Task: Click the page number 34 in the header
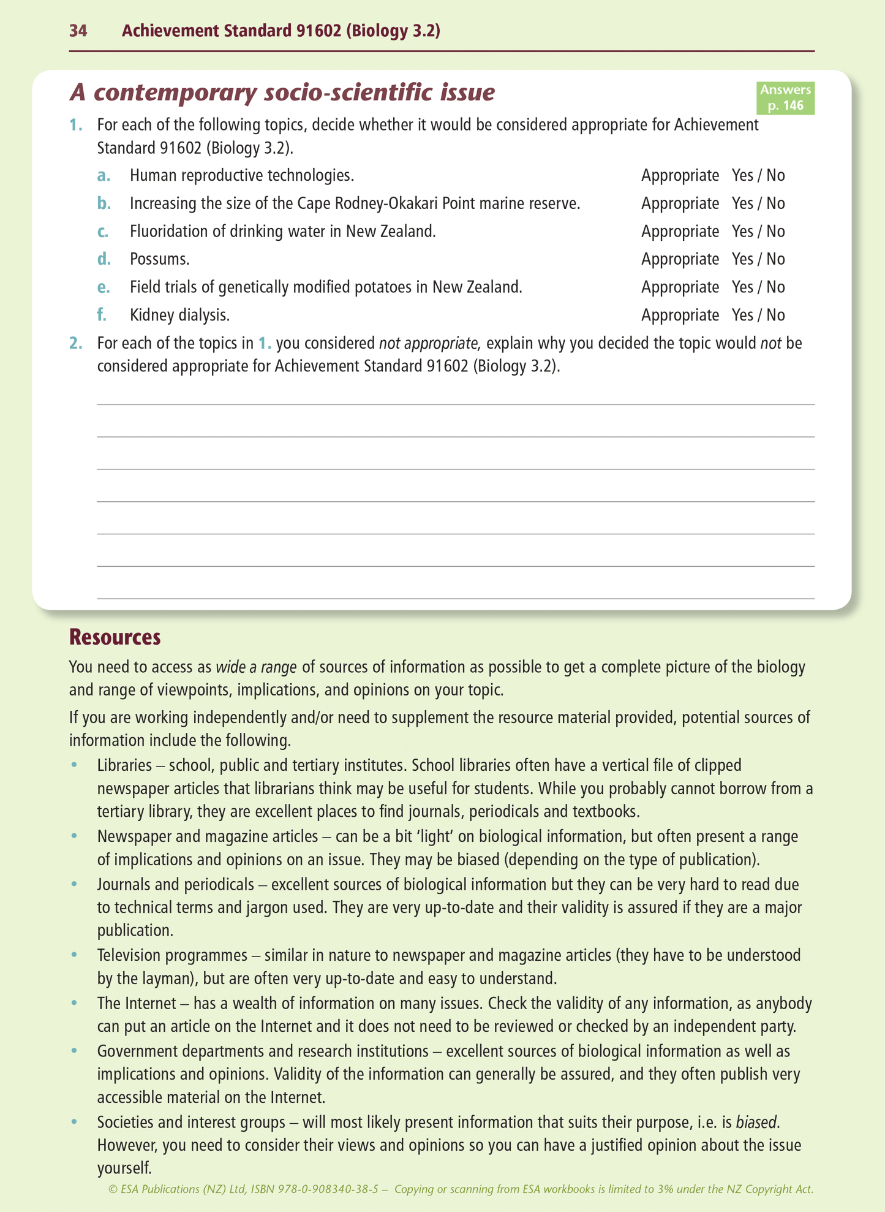point(78,31)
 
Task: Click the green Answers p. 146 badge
point(785,98)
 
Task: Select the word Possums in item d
point(159,259)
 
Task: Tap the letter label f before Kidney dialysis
point(102,315)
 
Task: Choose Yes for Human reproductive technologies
point(742,176)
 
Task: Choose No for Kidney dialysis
point(775,315)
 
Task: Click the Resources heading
point(115,637)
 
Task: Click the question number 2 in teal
point(75,343)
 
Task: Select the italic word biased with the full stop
point(758,1123)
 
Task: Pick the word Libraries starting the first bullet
point(124,765)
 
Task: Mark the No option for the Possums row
point(775,259)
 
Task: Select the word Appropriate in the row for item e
point(680,287)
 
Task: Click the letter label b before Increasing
point(104,203)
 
